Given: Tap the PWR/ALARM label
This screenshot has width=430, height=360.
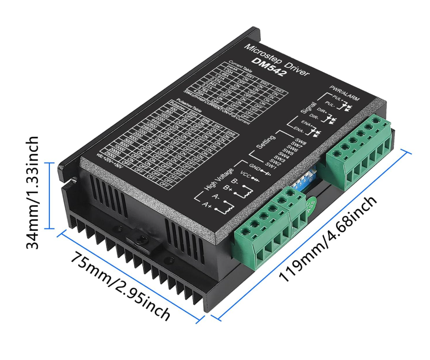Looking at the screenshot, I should [x=344, y=92].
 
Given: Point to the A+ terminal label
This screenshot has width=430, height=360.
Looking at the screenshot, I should [x=207, y=206].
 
